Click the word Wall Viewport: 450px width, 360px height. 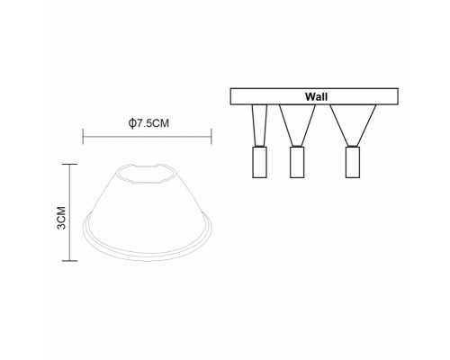pos(316,96)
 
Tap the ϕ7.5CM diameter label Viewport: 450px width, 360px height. pos(148,123)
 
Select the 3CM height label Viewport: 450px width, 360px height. pos(61,218)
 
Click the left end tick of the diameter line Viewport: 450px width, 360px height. pos(83,136)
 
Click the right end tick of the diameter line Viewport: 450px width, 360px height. pos(211,136)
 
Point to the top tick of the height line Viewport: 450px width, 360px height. pos(69,164)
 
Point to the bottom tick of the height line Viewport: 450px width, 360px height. pos(69,261)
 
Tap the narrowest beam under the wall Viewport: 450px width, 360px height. pos(259,125)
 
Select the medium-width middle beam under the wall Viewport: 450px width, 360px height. pos(297,125)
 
